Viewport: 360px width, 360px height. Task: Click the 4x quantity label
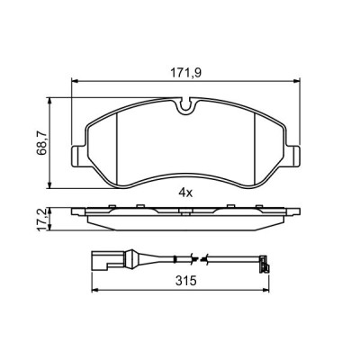pyautogui.click(x=186, y=192)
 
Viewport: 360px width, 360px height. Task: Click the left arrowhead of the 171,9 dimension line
pyautogui.click(x=74, y=82)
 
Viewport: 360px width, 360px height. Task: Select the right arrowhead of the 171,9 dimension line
pyautogui.click(x=297, y=82)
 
